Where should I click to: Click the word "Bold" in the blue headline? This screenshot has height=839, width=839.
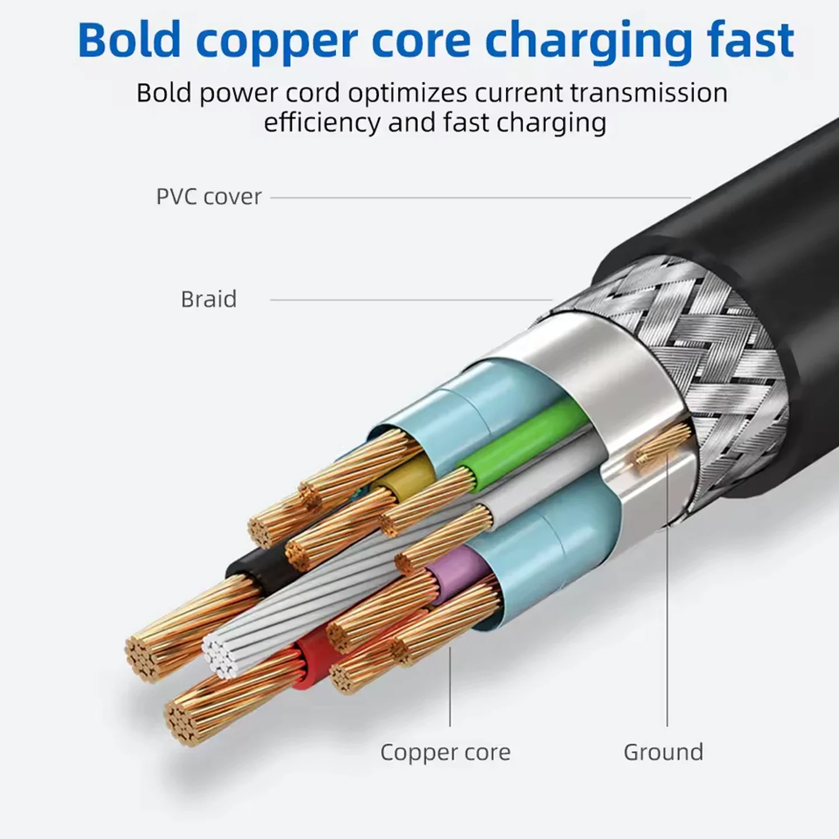pyautogui.click(x=129, y=40)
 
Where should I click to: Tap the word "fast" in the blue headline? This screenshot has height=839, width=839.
pyautogui.click(x=750, y=40)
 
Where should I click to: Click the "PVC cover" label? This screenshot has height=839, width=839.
pyautogui.click(x=209, y=197)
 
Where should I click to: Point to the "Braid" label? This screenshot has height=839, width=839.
pyautogui.click(x=209, y=299)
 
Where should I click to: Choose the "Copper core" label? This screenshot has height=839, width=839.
pyautogui.click(x=445, y=752)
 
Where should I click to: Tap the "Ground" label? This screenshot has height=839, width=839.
pyautogui.click(x=663, y=752)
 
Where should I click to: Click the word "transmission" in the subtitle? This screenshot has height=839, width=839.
pyautogui.click(x=649, y=93)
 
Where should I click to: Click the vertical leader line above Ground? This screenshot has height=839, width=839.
pyautogui.click(x=667, y=615)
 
